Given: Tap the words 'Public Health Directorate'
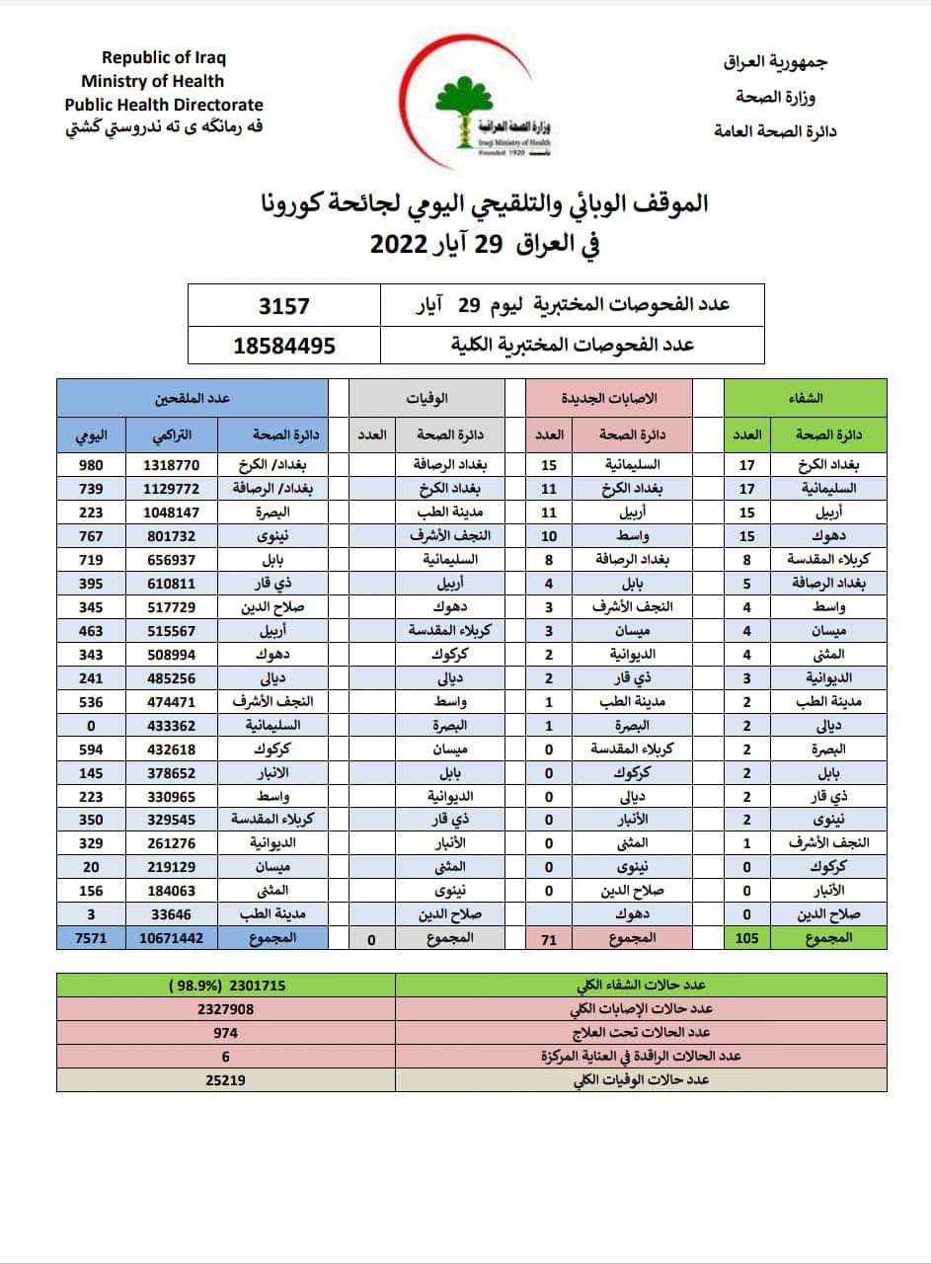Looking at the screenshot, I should pos(164,105).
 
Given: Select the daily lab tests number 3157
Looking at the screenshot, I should pos(283,305).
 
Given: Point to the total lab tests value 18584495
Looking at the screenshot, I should pos(284,346).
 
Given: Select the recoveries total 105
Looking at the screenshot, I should pos(747,939).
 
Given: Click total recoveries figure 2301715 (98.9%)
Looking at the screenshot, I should pos(226,985).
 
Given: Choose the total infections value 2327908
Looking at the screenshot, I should pos(226,1009).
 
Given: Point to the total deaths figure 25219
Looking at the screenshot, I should pos(226,1080).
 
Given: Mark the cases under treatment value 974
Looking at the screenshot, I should pos(226,1033).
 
